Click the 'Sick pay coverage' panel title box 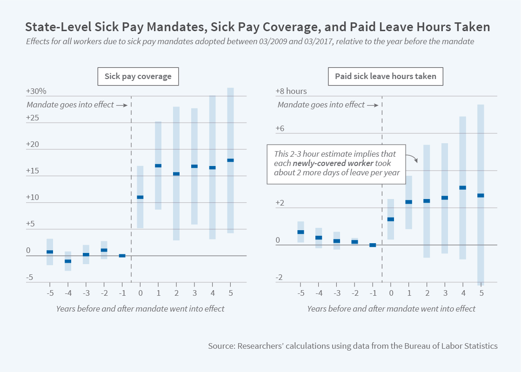tap(138, 76)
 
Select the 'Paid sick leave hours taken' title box tap(386, 76)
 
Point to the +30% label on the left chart tap(36, 92)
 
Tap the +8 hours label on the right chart tap(291, 92)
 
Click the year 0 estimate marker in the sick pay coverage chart tap(140, 197)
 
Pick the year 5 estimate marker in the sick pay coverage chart tap(230, 160)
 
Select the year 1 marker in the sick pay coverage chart tap(158, 166)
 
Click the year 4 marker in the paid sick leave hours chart tap(463, 188)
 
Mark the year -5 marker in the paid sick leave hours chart tap(301, 232)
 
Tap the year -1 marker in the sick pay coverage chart tap(122, 256)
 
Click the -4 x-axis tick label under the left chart tap(67, 294)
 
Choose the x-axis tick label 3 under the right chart tap(445, 294)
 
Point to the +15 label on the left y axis tap(33, 171)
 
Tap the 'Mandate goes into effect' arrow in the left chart tap(122, 105)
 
